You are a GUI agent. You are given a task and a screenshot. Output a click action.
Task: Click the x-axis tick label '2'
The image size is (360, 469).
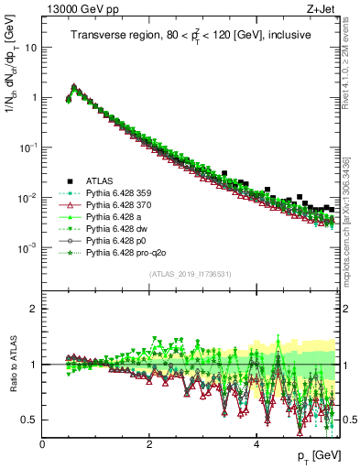(149, 443)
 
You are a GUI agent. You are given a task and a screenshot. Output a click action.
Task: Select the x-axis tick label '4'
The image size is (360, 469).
(256, 443)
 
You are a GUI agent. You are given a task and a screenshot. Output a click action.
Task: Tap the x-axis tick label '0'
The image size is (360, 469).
(43, 443)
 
